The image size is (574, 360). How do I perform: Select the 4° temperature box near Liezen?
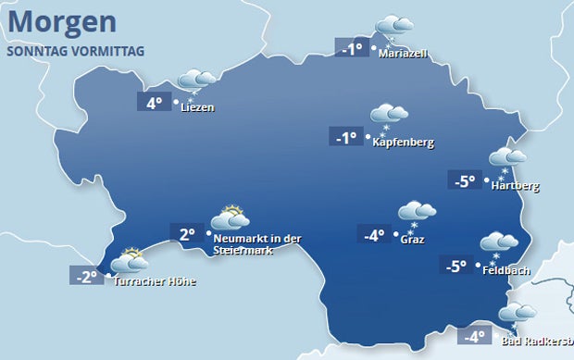(x=156, y=104)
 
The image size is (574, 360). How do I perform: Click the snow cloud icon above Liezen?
(x=195, y=81)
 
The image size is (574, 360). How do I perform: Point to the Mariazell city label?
(x=403, y=54)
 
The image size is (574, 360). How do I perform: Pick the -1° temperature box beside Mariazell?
(x=352, y=49)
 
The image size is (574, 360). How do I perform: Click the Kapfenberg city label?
(x=403, y=143)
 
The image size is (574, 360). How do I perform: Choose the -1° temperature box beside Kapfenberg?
(x=344, y=138)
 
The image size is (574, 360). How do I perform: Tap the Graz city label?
(x=413, y=240)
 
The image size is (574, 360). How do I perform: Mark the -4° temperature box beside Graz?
(x=373, y=235)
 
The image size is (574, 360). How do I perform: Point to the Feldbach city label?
(x=505, y=269)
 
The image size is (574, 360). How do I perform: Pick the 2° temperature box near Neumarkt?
(x=186, y=234)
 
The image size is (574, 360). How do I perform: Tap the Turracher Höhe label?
(x=155, y=281)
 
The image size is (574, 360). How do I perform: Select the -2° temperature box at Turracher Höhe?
(x=86, y=276)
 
